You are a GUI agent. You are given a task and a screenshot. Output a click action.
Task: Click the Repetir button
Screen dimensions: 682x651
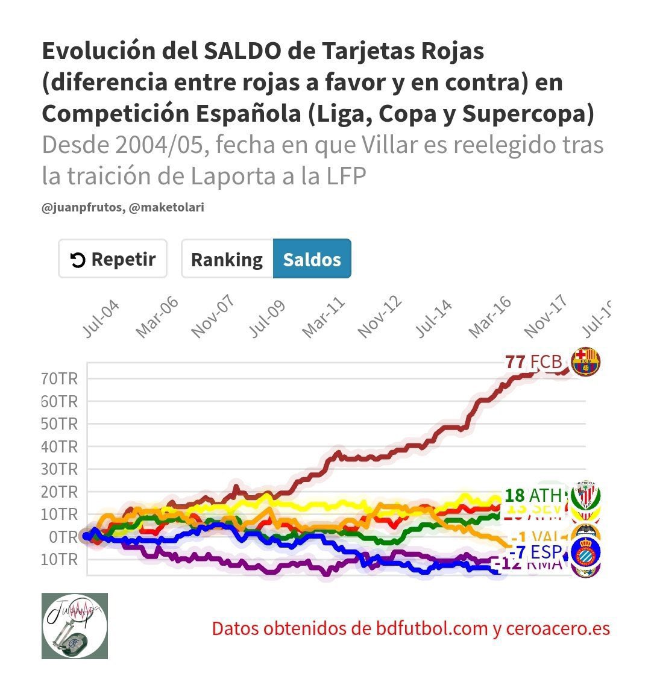pyautogui.click(x=113, y=259)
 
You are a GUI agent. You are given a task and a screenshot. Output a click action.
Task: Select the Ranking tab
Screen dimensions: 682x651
pyautogui.click(x=227, y=259)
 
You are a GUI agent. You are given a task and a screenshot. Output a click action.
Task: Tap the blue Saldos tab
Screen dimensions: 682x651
pyautogui.click(x=312, y=259)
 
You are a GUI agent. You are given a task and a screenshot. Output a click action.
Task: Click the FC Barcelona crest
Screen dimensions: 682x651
pyautogui.click(x=585, y=362)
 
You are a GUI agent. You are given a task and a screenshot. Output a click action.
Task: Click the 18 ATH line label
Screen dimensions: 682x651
pyautogui.click(x=533, y=495)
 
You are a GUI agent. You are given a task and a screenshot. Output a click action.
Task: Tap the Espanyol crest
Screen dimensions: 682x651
pyautogui.click(x=585, y=552)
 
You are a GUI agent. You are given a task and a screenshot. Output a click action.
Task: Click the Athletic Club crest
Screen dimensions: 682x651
pyautogui.click(x=585, y=496)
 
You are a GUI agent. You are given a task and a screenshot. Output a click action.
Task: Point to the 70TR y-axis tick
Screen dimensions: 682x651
pyautogui.click(x=60, y=379)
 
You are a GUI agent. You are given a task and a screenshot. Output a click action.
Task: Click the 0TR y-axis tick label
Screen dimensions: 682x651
pyautogui.click(x=60, y=536)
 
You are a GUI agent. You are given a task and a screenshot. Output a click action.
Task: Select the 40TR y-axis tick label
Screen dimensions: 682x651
pyautogui.click(x=60, y=446)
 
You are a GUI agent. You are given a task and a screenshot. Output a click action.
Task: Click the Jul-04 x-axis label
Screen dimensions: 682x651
pyautogui.click(x=101, y=319)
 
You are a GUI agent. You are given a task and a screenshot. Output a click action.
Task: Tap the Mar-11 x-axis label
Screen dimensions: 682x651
pyautogui.click(x=324, y=318)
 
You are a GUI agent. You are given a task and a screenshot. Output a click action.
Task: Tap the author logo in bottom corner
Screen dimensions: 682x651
pyautogui.click(x=75, y=625)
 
